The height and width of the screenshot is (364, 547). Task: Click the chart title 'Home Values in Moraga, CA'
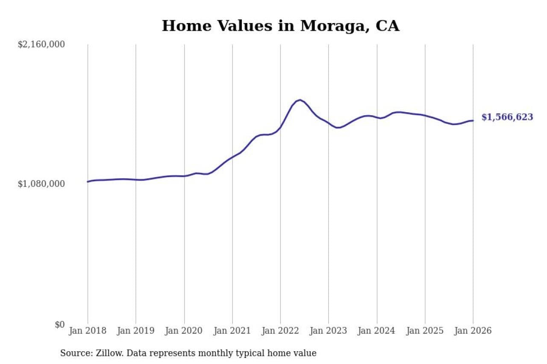pos(280,26)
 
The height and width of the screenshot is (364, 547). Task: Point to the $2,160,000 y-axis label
pos(41,44)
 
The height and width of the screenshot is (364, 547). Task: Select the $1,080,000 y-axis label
pos(41,184)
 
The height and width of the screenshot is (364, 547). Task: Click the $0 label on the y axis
pos(59,324)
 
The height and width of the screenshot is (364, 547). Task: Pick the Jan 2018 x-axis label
pos(88,331)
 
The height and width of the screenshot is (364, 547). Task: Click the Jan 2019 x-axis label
pos(136,331)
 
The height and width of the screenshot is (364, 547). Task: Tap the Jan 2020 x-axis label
pos(184,331)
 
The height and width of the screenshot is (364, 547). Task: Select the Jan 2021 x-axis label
pos(232,331)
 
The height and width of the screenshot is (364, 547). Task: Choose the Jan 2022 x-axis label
pos(280,331)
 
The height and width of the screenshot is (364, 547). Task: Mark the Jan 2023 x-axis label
pos(329,331)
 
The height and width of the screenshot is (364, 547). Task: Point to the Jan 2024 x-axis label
pos(377,331)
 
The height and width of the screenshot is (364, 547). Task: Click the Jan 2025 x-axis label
pos(425,331)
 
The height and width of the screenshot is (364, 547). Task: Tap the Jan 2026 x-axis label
pos(473,331)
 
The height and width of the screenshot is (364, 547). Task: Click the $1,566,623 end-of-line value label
pos(507,117)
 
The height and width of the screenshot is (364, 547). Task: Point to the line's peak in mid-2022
pos(300,100)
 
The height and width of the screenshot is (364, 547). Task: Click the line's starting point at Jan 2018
pos(88,182)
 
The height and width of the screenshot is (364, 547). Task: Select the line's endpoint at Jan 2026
pos(473,121)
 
